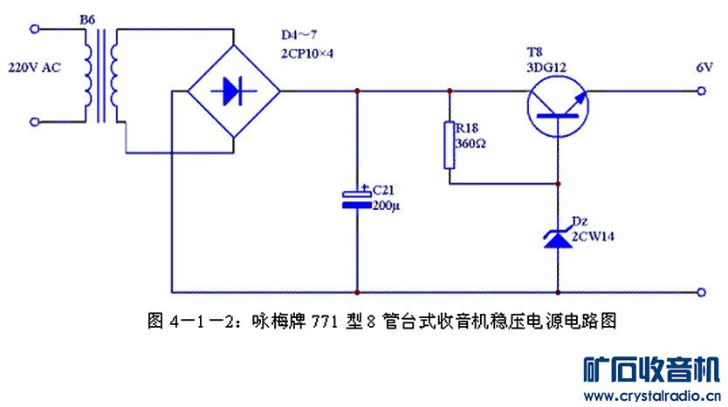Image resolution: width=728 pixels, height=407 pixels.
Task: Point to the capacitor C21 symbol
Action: (357, 199)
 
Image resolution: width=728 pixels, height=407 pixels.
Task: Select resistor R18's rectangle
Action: (450, 144)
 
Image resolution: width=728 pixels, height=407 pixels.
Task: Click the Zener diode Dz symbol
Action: (558, 237)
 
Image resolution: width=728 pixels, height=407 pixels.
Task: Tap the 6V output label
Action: (704, 67)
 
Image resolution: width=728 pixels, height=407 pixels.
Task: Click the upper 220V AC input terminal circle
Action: (34, 29)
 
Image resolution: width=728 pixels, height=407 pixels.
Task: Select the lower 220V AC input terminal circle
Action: (34, 121)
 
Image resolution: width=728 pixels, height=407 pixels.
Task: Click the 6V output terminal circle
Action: (704, 90)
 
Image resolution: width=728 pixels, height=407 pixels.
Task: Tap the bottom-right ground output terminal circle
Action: (704, 291)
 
